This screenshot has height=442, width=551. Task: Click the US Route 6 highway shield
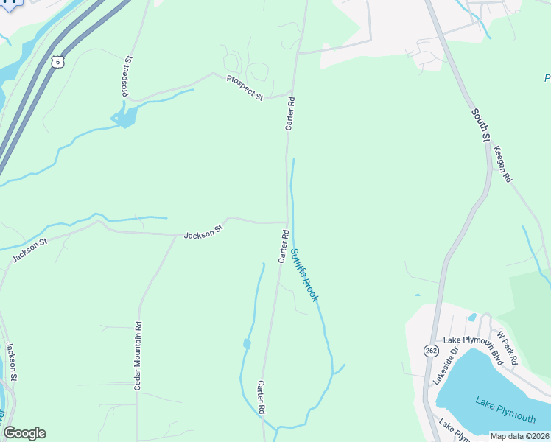(x=57, y=62)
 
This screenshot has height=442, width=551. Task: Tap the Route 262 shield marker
(x=431, y=351)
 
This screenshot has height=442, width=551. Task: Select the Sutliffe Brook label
(x=303, y=275)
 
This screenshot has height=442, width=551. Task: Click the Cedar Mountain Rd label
(x=138, y=356)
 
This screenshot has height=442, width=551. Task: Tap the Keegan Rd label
(x=502, y=164)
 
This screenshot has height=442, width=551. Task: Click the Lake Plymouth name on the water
(x=505, y=410)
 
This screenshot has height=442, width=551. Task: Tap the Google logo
(x=24, y=433)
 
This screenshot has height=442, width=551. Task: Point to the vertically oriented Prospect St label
(x=127, y=77)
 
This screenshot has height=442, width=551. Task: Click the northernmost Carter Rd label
(x=290, y=114)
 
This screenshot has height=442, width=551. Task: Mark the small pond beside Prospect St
(x=124, y=116)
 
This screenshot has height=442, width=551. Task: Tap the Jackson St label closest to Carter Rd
(x=203, y=234)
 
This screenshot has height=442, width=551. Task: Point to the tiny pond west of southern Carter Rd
(x=247, y=343)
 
